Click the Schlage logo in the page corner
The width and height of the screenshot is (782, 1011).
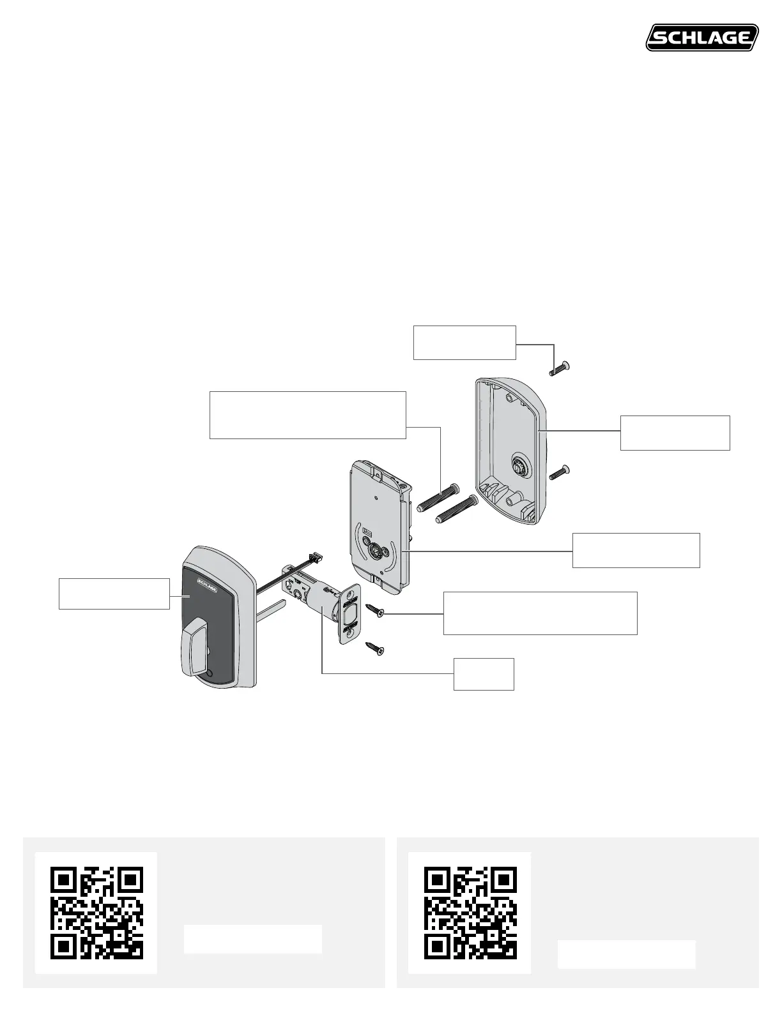click(x=702, y=38)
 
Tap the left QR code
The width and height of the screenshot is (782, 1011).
click(x=96, y=913)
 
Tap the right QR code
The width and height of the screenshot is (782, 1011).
click(x=470, y=913)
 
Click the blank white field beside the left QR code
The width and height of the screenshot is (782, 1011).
click(x=252, y=939)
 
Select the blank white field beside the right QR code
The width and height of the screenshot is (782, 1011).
click(x=626, y=954)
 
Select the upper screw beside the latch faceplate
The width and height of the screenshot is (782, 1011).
click(x=373, y=611)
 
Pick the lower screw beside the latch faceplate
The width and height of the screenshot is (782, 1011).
click(x=374, y=650)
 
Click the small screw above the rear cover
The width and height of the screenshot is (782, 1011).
click(x=559, y=368)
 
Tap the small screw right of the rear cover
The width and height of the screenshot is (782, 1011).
click(x=559, y=473)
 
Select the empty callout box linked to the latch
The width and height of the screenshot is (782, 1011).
click(x=484, y=673)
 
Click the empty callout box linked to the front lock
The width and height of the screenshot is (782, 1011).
click(x=114, y=594)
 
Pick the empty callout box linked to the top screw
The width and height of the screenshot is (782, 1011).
click(x=464, y=343)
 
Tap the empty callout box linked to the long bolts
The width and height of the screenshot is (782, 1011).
click(x=308, y=415)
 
